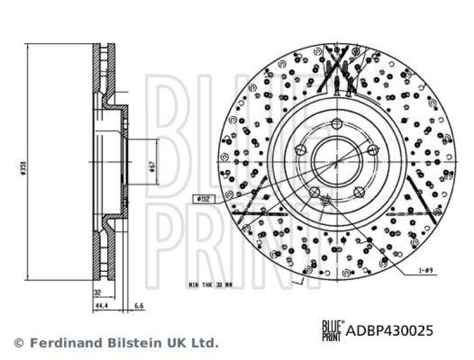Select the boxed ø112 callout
coord(201,199)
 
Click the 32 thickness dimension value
coord(97,292)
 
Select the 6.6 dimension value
coord(139,306)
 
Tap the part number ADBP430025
coord(389,330)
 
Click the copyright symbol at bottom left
coord(19,343)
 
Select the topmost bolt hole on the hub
coord(337,123)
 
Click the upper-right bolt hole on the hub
coord(373,150)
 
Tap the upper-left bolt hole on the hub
coord(300,150)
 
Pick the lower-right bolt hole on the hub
coord(359,191)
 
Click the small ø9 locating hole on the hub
coord(325,201)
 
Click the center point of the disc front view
coord(337,161)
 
